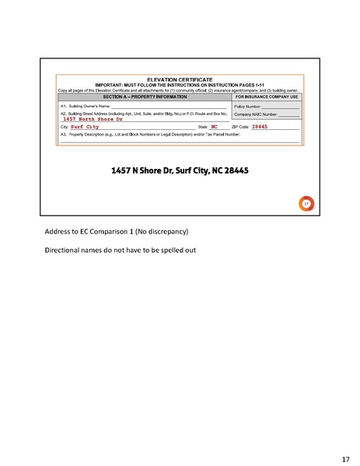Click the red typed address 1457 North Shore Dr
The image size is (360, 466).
pyautogui.click(x=93, y=119)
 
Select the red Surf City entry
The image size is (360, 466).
pyautogui.click(x=85, y=126)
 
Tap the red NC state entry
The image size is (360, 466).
pyautogui.click(x=214, y=126)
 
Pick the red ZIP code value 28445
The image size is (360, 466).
pyautogui.click(x=260, y=126)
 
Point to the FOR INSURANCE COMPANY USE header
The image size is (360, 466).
pyautogui.click(x=267, y=96)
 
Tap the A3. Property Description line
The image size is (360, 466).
pyautogui.click(x=148, y=134)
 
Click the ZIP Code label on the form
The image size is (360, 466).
pyautogui.click(x=239, y=126)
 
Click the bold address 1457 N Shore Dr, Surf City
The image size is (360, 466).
pyautogui.click(x=180, y=170)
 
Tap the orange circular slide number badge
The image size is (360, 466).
pyautogui.click(x=306, y=204)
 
